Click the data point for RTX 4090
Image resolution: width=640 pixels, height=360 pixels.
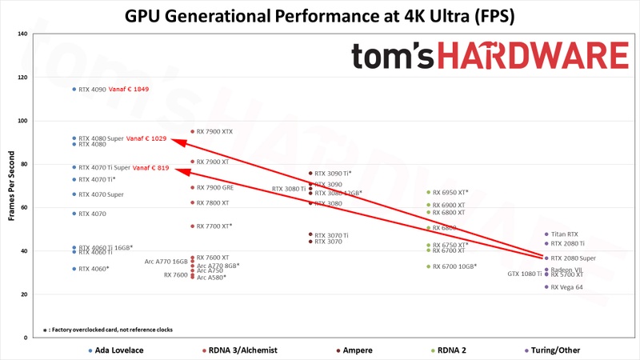[x=74, y=90]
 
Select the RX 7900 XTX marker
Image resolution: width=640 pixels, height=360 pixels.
[x=192, y=131]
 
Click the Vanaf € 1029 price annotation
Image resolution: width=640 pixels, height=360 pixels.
[x=146, y=138]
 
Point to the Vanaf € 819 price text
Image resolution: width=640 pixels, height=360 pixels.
[x=151, y=167]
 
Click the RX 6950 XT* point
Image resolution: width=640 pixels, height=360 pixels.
[x=428, y=192]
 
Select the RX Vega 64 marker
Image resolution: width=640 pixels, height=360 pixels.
[x=546, y=286]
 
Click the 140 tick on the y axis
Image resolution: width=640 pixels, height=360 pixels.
[x=22, y=34]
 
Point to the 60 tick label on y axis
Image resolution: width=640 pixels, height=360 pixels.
[x=23, y=208]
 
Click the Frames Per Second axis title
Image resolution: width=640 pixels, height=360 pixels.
[x=10, y=186]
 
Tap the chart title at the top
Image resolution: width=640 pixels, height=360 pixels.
[x=320, y=15]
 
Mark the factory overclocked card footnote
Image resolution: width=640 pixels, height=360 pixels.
[x=108, y=329]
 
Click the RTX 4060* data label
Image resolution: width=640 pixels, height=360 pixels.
[x=94, y=269]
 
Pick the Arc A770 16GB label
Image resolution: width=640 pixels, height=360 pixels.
[x=166, y=262]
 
